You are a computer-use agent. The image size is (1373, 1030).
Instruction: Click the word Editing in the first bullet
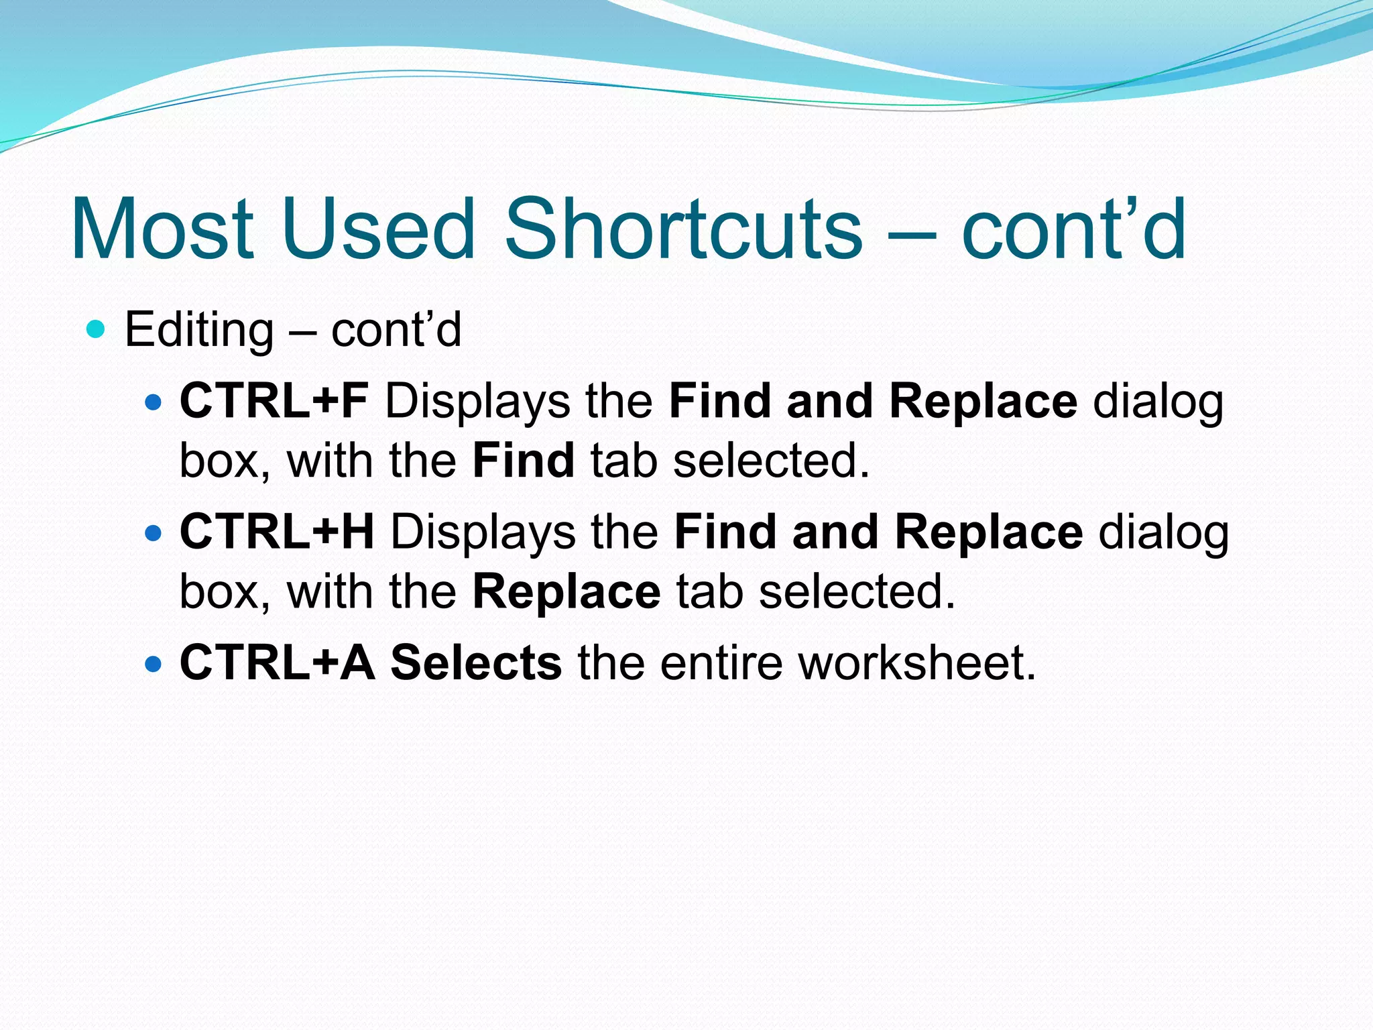point(199,331)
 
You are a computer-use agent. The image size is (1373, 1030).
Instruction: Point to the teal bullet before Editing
point(97,329)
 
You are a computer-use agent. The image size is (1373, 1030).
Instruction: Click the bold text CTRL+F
point(274,401)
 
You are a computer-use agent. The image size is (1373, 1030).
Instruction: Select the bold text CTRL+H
point(277,532)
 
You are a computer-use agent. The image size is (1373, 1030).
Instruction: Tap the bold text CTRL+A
point(278,663)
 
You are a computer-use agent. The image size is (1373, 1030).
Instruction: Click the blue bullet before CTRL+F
point(154,402)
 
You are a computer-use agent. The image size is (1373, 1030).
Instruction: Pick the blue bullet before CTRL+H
point(154,533)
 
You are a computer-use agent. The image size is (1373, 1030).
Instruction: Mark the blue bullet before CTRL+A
point(154,664)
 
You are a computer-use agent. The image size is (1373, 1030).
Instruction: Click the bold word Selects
point(476,663)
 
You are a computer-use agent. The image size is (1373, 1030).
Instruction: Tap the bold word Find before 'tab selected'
point(523,461)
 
